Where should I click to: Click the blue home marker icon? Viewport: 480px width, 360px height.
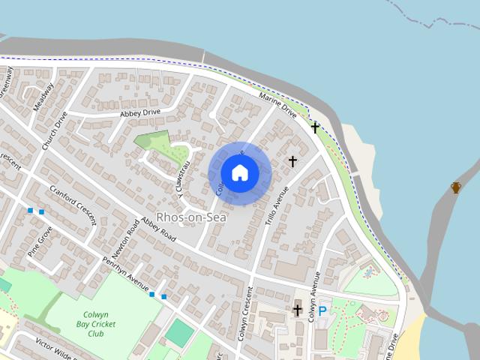point(240,172)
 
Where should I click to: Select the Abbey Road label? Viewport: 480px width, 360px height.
point(157,228)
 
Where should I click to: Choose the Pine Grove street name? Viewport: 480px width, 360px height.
point(40,241)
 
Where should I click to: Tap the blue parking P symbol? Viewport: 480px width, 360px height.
point(322,310)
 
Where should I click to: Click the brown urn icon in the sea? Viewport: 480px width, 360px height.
point(455,187)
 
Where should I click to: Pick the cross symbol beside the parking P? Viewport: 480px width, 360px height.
point(298,310)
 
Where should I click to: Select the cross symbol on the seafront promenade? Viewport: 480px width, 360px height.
point(316,127)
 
